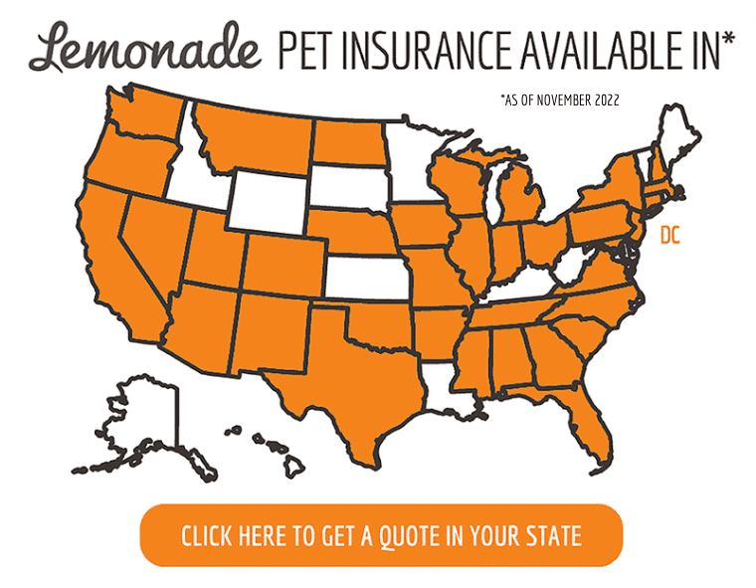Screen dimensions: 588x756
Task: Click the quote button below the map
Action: [x=381, y=535]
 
